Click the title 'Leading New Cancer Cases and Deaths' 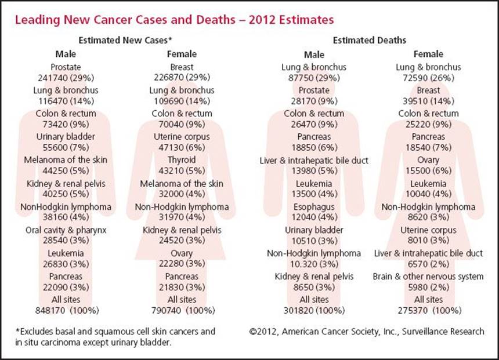pyautogui.click(x=125, y=20)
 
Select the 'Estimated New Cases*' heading pyautogui.click(x=125, y=41)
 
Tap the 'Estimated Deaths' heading pyautogui.click(x=370, y=41)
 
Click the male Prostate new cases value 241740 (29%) pyautogui.click(x=66, y=78)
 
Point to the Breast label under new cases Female pyautogui.click(x=182, y=67)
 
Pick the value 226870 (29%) pyautogui.click(x=182, y=77)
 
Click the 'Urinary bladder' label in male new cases pyautogui.click(x=66, y=137)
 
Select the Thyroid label pyautogui.click(x=182, y=159)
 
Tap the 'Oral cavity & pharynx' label pyautogui.click(x=66, y=230)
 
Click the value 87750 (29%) pyautogui.click(x=314, y=78)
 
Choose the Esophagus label pyautogui.click(x=314, y=207)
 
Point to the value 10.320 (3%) pyautogui.click(x=314, y=264)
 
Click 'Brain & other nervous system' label pyautogui.click(x=428, y=277)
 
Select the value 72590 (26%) pyautogui.click(x=428, y=78)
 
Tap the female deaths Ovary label pyautogui.click(x=428, y=160)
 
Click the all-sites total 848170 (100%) pyautogui.click(x=67, y=310)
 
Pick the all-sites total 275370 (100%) pyautogui.click(x=429, y=310)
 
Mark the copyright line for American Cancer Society pyautogui.click(x=367, y=332)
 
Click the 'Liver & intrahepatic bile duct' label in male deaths pyautogui.click(x=314, y=161)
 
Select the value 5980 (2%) pyautogui.click(x=428, y=287)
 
